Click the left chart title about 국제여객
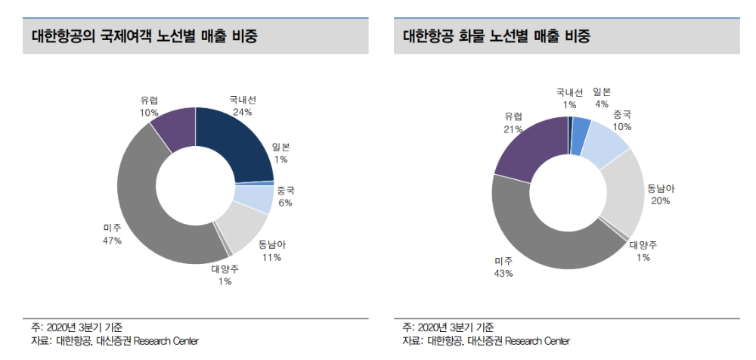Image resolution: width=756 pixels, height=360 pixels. coord(144,36)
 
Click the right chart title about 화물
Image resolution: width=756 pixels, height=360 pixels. coord(496,36)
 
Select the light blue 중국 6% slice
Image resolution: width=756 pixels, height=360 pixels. coord(254,198)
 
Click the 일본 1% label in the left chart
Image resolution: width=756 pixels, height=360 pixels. coord(281,154)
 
